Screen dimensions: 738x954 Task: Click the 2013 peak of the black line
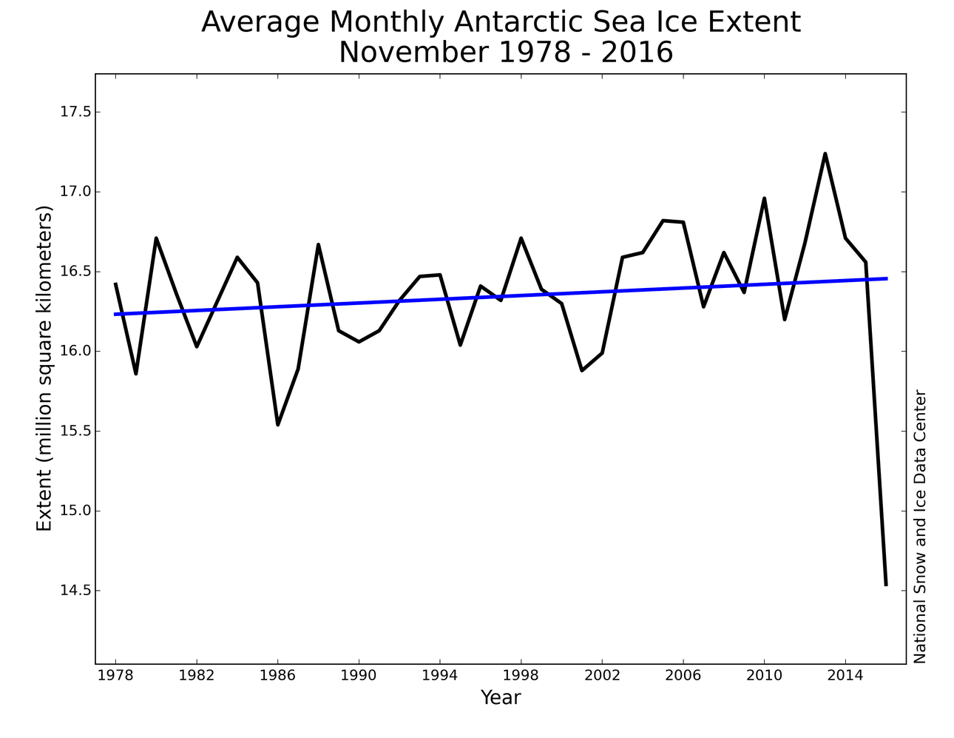[825, 154]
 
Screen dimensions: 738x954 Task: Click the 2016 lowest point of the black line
[885, 585]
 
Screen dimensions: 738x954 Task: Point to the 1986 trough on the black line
[278, 424]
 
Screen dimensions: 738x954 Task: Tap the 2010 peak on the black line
[764, 198]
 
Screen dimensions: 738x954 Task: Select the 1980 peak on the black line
[156, 238]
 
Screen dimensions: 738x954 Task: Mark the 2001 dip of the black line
[582, 370]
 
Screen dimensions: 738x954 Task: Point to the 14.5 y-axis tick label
[75, 591]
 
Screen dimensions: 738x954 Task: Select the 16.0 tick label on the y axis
[75, 352]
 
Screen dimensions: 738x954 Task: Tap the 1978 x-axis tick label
[116, 676]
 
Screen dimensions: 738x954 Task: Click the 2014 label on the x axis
[845, 676]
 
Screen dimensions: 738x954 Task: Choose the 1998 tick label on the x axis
[521, 676]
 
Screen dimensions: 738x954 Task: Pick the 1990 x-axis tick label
[359, 676]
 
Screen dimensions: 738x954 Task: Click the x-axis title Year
[501, 697]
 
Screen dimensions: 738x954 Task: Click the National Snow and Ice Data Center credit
[919, 526]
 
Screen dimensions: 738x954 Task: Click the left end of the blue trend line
[116, 314]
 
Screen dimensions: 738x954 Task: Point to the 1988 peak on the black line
[318, 245]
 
